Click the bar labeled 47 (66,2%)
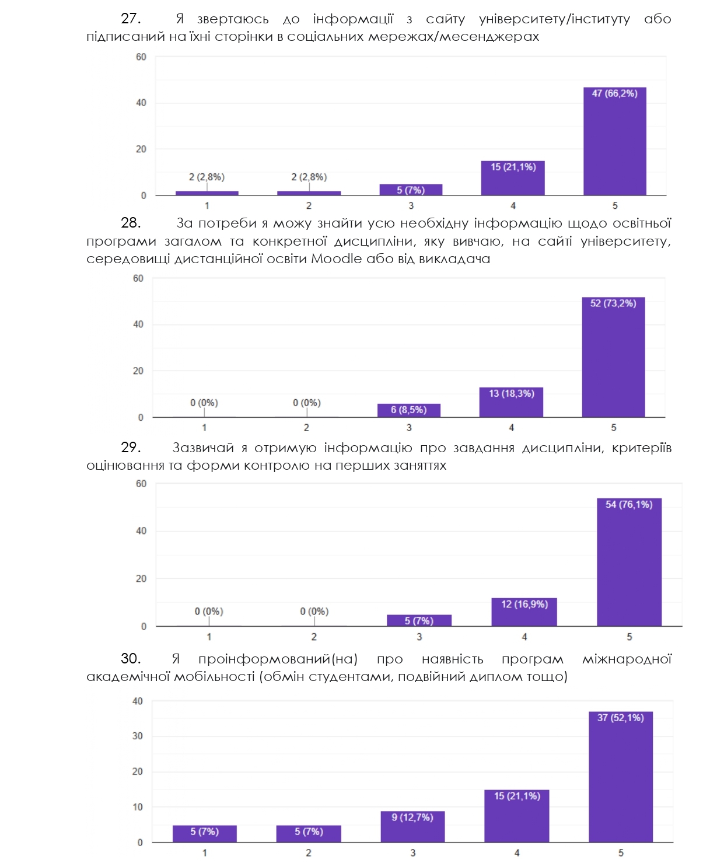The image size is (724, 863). click(615, 141)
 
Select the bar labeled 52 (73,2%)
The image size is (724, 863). click(613, 357)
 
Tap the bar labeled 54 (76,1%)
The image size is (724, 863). click(629, 562)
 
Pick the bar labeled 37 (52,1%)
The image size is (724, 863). click(620, 777)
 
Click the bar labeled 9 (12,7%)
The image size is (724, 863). click(412, 827)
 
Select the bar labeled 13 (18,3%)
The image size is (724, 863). click(511, 402)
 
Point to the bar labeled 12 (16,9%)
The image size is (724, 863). click(524, 612)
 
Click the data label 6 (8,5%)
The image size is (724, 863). click(408, 410)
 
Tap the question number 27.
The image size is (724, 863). click(130, 19)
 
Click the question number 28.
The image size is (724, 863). click(130, 223)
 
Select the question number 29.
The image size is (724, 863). click(130, 448)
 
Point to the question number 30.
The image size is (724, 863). click(130, 659)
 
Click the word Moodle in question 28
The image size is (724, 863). click(336, 258)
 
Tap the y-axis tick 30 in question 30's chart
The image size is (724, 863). click(137, 736)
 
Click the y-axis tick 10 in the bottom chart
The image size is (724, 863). click(137, 807)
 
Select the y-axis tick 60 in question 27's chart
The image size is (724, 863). click(141, 57)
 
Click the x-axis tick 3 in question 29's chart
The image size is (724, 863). click(419, 637)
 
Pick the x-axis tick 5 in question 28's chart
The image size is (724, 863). click(613, 428)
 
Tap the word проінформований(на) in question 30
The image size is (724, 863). click(278, 659)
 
